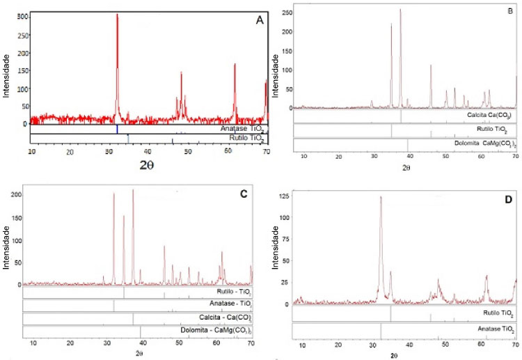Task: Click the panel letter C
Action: pyautogui.click(x=244, y=196)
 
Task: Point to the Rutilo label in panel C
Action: pyautogui.click(x=234, y=292)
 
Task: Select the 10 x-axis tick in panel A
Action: pyautogui.click(x=31, y=151)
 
